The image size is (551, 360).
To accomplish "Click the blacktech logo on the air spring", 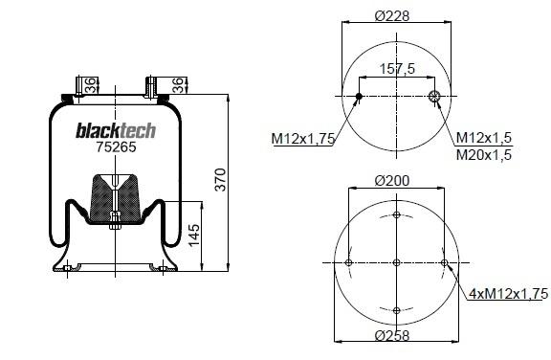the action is (x=116, y=130).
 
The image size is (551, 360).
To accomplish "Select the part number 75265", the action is (x=116, y=146).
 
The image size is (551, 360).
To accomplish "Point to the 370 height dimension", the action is (x=221, y=180).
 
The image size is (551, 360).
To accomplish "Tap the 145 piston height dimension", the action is (x=193, y=236).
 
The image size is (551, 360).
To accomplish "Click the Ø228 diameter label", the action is (x=392, y=16).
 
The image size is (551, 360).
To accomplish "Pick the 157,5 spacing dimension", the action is (x=397, y=69).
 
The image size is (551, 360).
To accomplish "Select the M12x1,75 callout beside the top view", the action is (x=303, y=139).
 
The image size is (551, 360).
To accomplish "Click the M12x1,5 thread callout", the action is (x=484, y=138).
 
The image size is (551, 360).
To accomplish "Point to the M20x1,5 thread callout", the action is (x=484, y=155).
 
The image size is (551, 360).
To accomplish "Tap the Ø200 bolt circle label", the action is (x=392, y=181).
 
